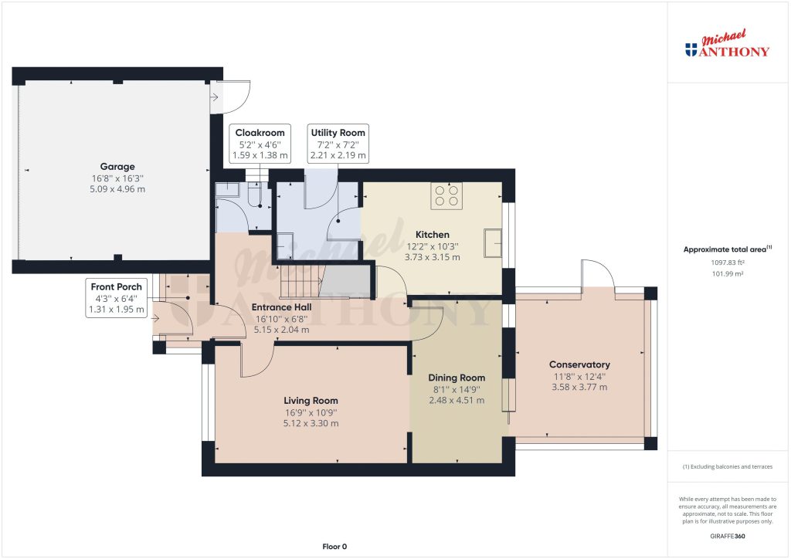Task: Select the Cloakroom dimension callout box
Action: (x=260, y=144)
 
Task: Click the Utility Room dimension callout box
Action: (x=338, y=144)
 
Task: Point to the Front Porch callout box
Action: (x=117, y=298)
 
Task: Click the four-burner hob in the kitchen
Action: (x=446, y=195)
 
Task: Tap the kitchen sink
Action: (x=494, y=242)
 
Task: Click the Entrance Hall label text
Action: (x=281, y=307)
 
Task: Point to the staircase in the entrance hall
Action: (x=297, y=283)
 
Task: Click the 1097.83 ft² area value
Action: (x=728, y=263)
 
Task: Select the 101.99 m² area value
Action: (x=728, y=274)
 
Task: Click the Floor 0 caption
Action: (x=334, y=547)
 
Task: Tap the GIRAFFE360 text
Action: (x=728, y=536)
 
